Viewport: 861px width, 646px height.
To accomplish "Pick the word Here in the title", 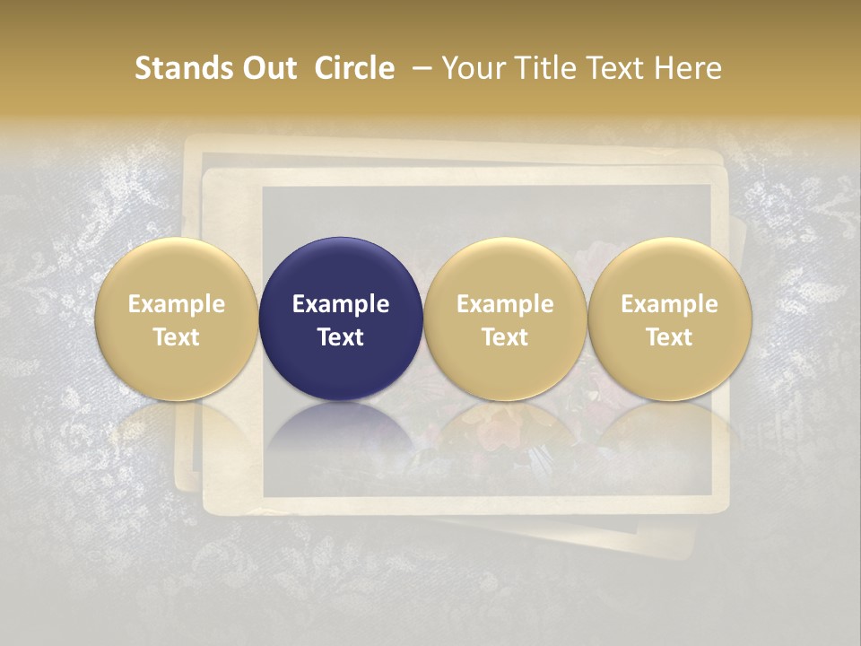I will (688, 68).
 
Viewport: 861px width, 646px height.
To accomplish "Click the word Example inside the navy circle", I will (341, 304).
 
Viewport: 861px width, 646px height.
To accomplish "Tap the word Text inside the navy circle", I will (341, 336).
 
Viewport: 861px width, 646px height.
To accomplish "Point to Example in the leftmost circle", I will (177, 304).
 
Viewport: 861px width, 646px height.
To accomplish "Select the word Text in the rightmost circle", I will (670, 336).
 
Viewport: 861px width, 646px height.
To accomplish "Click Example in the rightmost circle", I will (670, 304).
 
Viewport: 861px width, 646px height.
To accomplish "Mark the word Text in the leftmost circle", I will (177, 336).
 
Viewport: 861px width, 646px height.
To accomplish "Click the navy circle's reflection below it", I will (341, 431).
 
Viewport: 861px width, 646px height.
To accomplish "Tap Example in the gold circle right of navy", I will (505, 304).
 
